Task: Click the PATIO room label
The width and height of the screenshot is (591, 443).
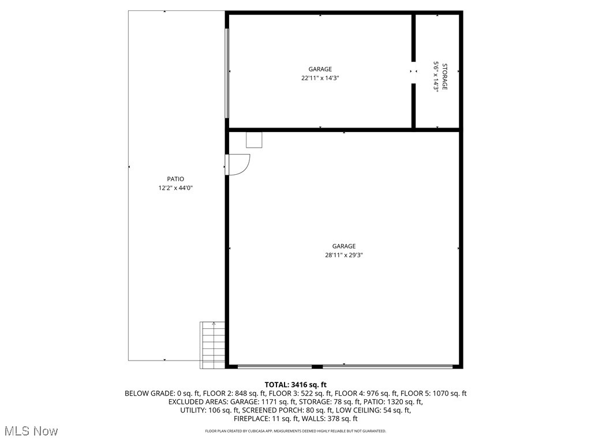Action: coord(175,179)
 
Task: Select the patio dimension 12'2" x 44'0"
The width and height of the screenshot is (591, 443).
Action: coord(175,187)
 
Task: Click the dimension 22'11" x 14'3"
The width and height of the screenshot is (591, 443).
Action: coord(320,78)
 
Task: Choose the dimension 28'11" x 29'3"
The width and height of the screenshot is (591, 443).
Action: coord(343,255)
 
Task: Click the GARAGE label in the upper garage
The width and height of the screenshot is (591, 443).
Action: coord(320,69)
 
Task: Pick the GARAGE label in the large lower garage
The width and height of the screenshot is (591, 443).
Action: coord(343,246)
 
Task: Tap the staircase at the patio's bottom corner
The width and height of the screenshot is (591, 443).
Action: coord(212,345)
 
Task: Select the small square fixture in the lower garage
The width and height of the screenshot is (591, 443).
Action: coord(254,140)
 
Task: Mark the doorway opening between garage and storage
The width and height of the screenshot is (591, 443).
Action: coord(414,72)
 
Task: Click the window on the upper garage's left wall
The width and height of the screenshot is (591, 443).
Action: coord(227,73)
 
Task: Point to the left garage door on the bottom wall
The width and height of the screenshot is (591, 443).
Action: coord(275,366)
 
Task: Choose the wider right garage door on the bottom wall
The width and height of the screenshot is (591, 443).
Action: coord(387,366)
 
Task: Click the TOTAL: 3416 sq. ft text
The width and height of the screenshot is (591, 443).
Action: coord(295,385)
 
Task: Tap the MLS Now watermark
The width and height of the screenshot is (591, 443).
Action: coord(31,430)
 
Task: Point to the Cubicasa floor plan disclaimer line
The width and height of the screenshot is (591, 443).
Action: coord(295,431)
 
